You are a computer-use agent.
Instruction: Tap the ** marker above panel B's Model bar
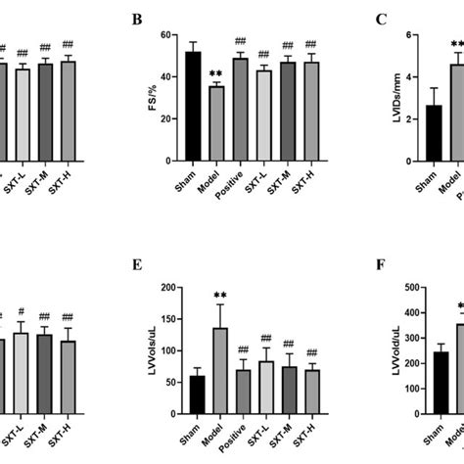[x=216, y=75]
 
